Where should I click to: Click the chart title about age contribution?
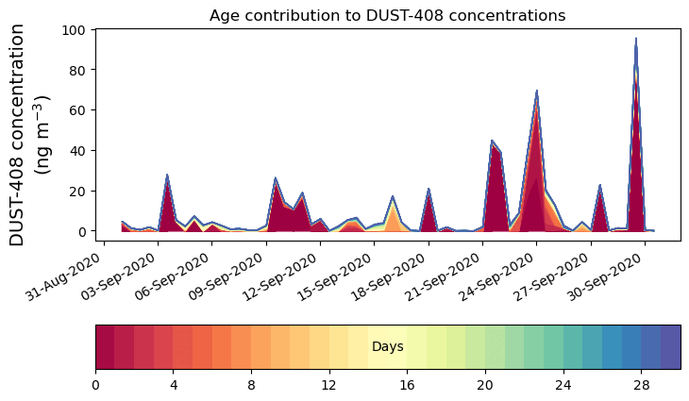[x=387, y=15]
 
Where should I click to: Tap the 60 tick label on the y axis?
[x=79, y=110]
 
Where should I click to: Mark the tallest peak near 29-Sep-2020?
[x=636, y=40]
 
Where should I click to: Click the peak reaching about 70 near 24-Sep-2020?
[x=537, y=92]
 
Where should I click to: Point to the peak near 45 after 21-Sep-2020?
[x=492, y=142]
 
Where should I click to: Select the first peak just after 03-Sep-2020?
[x=167, y=175]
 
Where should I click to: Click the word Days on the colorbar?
[x=387, y=347]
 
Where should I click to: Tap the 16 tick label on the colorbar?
[x=408, y=385]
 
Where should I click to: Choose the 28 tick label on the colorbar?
[x=642, y=385]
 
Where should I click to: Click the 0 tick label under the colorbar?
[x=95, y=385]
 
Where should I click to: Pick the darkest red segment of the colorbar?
[x=105, y=347]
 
